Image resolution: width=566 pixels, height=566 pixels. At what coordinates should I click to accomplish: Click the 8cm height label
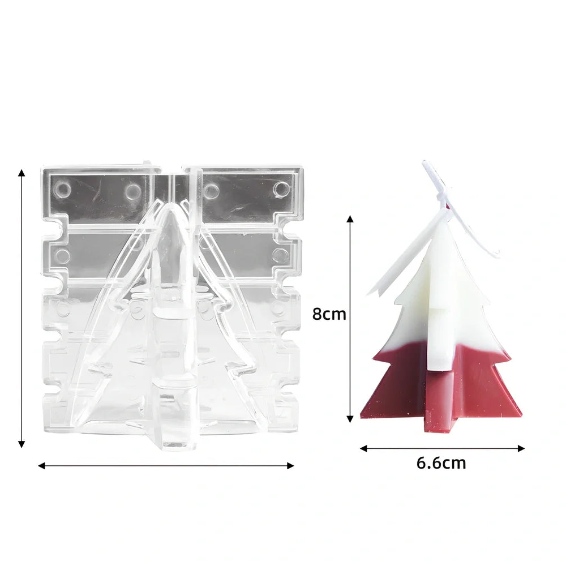329,314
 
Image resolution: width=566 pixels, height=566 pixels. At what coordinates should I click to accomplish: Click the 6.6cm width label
441,463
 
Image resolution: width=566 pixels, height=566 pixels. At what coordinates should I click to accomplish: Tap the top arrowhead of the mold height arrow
22,173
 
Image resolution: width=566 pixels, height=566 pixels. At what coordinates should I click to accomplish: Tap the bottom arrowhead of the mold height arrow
22,444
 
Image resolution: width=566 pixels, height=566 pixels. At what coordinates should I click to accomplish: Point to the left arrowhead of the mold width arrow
42,466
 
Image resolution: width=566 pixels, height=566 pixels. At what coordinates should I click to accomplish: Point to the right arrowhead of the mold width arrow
290,466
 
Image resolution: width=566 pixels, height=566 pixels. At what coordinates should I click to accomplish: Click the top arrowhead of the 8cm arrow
350,219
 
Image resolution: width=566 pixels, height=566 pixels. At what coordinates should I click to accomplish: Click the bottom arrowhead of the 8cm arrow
350,419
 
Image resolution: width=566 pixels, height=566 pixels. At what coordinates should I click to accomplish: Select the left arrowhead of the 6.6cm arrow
364,448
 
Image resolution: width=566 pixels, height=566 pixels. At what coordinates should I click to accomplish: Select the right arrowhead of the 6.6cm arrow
521,448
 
